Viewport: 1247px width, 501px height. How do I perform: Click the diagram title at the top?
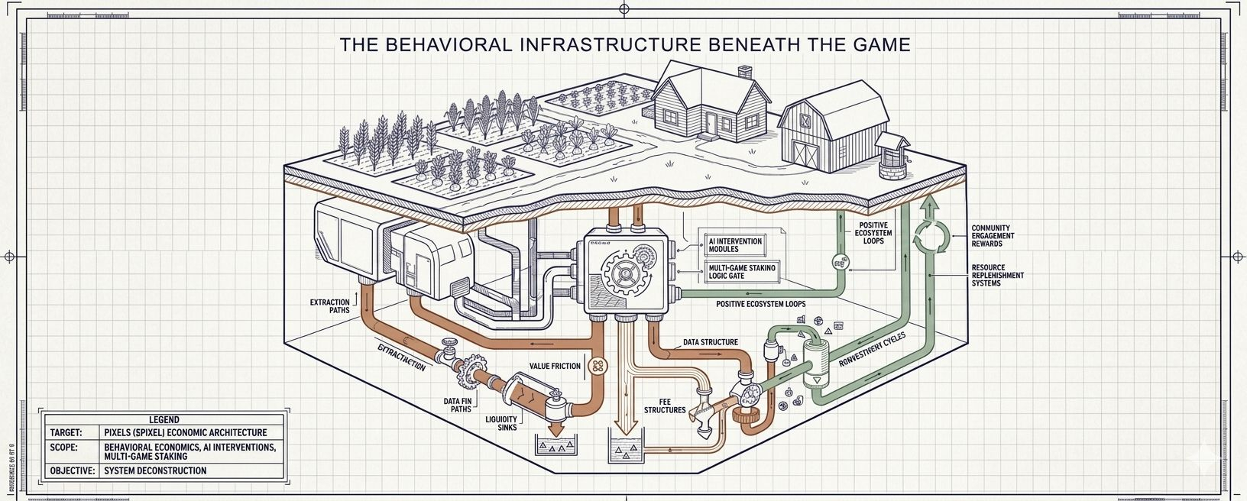coord(625,44)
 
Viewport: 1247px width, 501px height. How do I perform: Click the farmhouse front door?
coord(711,122)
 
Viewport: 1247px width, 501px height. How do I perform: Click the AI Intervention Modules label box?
coord(735,245)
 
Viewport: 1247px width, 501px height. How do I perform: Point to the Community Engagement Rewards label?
coord(993,235)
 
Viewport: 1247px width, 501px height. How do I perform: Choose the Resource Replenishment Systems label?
coord(997,275)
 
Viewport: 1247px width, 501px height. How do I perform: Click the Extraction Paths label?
coord(329,306)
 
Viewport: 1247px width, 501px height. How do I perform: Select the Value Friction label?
coord(555,367)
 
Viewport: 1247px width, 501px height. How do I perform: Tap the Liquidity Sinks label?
coord(501,423)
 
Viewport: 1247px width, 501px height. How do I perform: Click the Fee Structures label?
coord(664,406)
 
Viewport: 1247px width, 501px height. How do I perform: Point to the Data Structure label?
coord(710,342)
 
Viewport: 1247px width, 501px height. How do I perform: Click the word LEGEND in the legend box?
coord(164,419)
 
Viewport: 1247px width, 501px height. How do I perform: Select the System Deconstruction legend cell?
coord(155,470)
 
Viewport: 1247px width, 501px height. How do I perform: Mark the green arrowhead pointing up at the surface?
coord(930,203)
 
